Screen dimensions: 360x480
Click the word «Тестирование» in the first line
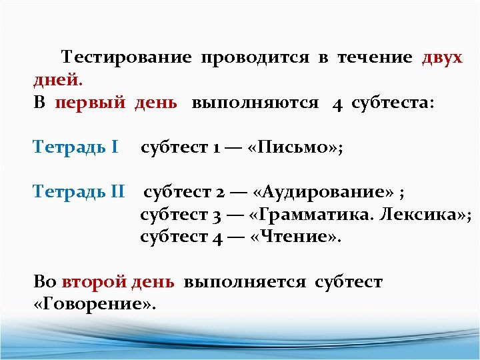pyautogui.click(x=126, y=57)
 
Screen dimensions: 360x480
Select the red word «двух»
pyautogui.click(x=442, y=57)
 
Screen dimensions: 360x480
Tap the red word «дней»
pyautogui.click(x=57, y=81)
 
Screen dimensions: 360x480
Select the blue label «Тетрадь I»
pyautogui.click(x=76, y=147)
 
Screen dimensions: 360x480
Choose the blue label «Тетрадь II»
pyautogui.click(x=79, y=193)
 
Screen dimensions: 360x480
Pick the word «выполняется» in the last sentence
pyautogui.click(x=245, y=282)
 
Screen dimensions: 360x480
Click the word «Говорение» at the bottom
pyautogui.click(x=94, y=305)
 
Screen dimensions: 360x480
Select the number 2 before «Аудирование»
pyautogui.click(x=220, y=193)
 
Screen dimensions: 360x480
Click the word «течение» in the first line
pyautogui.click(x=375, y=57)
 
